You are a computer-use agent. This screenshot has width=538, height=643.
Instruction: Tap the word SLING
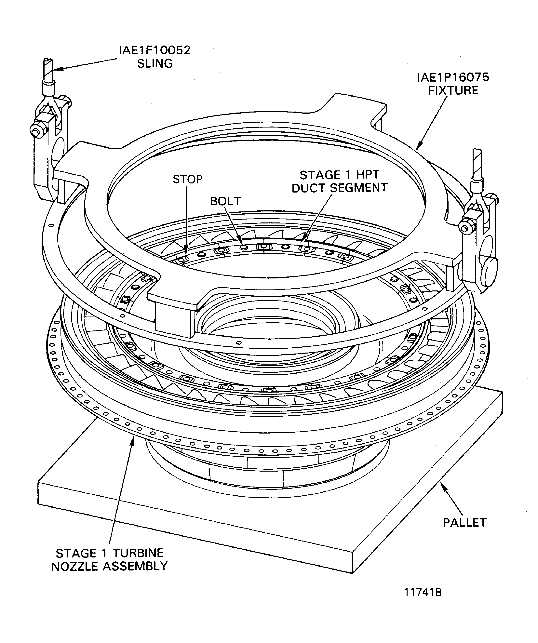(x=155, y=63)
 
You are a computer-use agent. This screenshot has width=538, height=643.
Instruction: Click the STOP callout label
(x=187, y=179)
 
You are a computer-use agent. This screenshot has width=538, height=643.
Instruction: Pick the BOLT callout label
(x=225, y=201)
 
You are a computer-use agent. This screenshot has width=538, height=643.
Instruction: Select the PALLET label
(x=464, y=522)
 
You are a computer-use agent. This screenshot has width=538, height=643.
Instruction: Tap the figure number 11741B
(x=423, y=601)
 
